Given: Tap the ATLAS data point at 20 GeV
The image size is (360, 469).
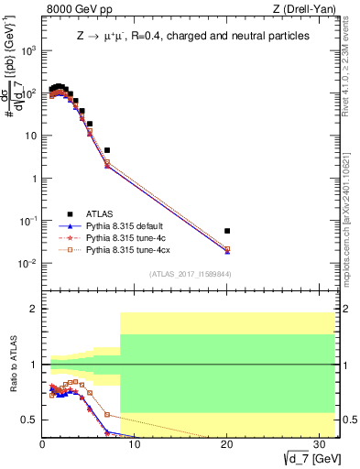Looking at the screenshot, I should [x=227, y=231].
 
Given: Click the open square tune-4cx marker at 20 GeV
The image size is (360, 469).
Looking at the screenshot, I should [x=227, y=249].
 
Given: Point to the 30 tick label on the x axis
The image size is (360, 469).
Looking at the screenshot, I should [x=320, y=443].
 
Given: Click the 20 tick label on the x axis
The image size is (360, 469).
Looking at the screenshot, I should [x=227, y=443].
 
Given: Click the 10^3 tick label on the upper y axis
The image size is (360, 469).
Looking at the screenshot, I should [x=27, y=50].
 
